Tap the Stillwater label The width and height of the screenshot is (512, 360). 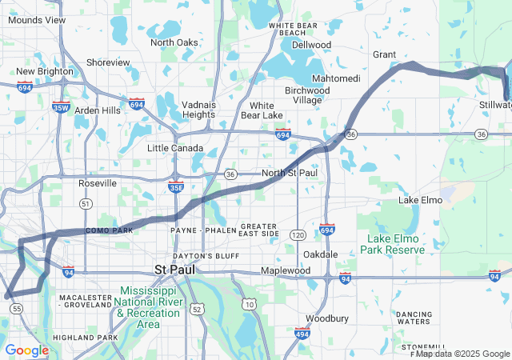coord(495,105)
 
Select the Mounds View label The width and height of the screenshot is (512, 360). coord(38,19)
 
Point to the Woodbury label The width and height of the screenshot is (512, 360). coord(327,318)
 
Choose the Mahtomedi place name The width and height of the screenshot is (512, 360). coord(335,78)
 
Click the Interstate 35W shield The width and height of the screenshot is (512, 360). coord(61,106)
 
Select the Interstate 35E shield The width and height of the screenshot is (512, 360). coord(177,187)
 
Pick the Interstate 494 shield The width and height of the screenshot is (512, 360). coord(302,332)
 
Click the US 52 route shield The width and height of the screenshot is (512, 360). coord(197,307)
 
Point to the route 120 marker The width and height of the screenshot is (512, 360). coord(298,235)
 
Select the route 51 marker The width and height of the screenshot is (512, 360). coord(85,204)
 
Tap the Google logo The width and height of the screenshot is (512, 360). coord(26,350)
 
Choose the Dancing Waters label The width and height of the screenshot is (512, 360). coord(414,318)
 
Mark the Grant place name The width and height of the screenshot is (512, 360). coord(385,54)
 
